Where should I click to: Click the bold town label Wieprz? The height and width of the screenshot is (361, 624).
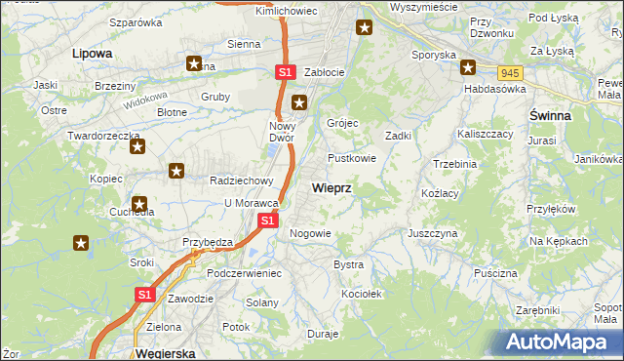point(332,186)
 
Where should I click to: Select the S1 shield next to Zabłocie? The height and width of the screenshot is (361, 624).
point(284,72)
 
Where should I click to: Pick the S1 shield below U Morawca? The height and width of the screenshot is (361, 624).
point(270,221)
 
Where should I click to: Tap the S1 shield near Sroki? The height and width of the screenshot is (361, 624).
point(144,294)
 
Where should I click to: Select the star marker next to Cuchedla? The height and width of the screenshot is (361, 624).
point(139,206)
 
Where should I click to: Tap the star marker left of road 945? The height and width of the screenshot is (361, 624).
point(468,67)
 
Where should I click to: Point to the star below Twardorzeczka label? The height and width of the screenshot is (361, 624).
point(136,148)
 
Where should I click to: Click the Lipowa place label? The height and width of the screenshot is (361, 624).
point(92,54)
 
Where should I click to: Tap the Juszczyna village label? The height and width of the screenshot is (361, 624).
point(433,234)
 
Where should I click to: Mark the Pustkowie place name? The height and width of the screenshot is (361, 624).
point(352,157)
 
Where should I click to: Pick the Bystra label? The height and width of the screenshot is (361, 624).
point(348,264)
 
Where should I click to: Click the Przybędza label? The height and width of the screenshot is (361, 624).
point(204,241)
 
